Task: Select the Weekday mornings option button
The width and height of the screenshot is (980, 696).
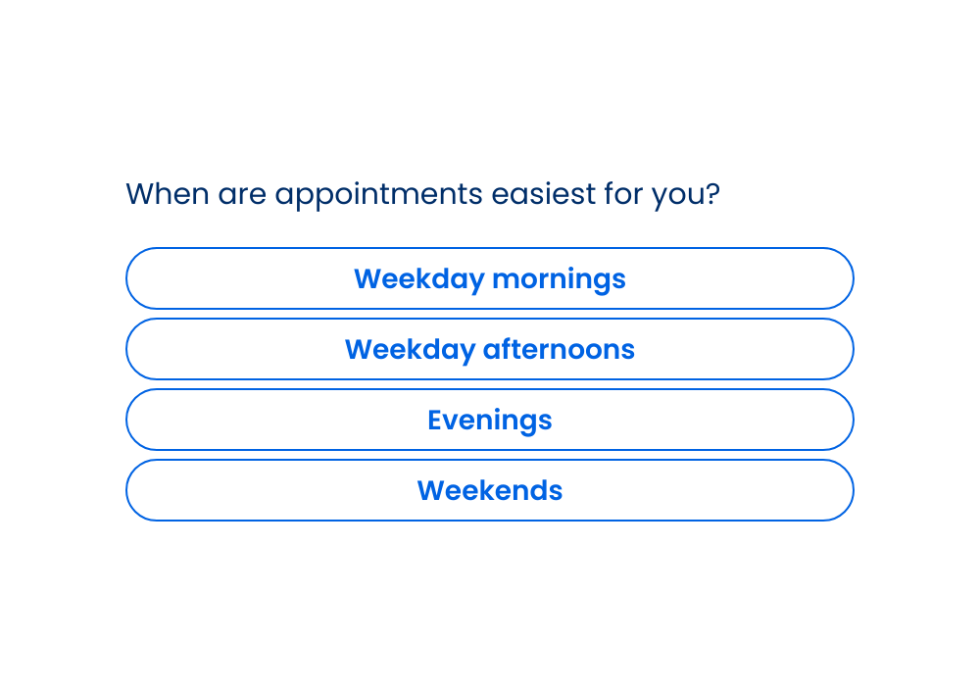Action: tap(489, 278)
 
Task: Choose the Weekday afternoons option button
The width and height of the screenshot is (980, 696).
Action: tap(489, 349)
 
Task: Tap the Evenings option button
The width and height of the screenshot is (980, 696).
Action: tap(489, 420)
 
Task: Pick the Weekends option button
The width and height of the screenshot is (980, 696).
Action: tap(489, 490)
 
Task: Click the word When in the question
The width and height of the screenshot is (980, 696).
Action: tap(168, 194)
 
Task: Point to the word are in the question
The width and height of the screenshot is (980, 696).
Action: tap(241, 196)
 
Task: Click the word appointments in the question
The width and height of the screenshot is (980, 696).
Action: tap(378, 195)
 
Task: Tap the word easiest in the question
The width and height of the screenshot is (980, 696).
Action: tap(543, 194)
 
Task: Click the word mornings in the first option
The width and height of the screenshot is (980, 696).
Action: tap(559, 280)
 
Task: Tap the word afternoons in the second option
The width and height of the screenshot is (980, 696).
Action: tap(559, 349)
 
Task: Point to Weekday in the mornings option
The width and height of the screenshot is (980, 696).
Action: tap(418, 280)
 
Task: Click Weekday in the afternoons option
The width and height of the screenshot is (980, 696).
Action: tap(410, 351)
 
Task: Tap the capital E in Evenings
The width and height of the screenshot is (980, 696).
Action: tap(436, 421)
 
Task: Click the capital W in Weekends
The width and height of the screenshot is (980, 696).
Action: tap(432, 491)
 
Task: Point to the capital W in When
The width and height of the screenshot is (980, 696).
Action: tap(141, 194)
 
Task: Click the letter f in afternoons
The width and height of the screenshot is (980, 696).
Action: tap(503, 349)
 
